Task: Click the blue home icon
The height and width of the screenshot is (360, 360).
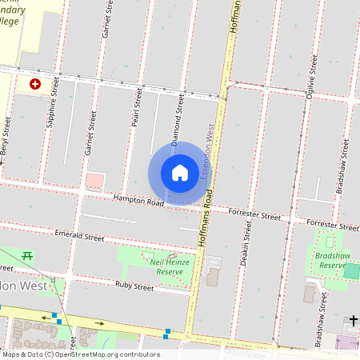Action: [180, 172]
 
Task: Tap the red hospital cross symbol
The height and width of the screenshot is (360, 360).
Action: [35, 83]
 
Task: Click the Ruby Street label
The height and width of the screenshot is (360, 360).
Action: [134, 286]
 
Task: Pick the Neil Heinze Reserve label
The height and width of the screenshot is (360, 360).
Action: [163, 266]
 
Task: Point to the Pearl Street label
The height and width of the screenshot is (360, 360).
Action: [138, 111]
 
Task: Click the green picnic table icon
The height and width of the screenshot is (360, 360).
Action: [27, 255]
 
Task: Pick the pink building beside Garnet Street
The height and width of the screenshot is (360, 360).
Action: [94, 181]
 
